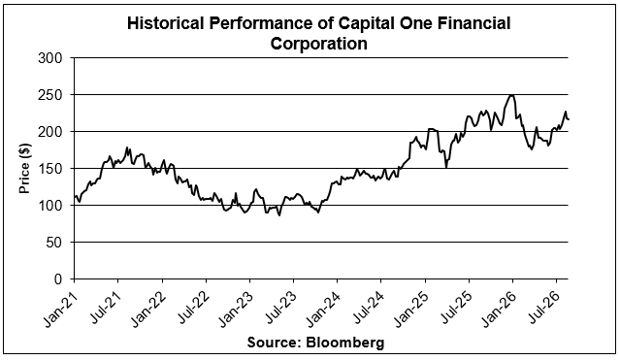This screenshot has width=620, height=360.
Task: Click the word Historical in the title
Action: pyautogui.click(x=165, y=23)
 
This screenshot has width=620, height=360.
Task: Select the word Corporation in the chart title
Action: pyautogui.click(x=318, y=44)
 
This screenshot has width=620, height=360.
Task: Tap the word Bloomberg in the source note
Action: pyautogui.click(x=345, y=343)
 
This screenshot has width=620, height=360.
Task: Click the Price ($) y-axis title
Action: pyautogui.click(x=24, y=169)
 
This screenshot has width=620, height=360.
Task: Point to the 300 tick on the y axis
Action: pyautogui.click(x=50, y=58)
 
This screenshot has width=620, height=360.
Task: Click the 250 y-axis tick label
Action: pyautogui.click(x=50, y=95)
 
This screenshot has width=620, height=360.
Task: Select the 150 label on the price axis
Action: pyautogui.click(x=50, y=169)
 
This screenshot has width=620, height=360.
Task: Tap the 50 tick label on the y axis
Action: pyautogui.click(x=54, y=243)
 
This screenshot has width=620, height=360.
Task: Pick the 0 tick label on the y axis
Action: pyautogui.click(x=58, y=279)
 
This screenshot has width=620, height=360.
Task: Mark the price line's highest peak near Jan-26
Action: pyautogui.click(x=511, y=95)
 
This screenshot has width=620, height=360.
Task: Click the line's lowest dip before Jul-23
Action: pyautogui.click(x=279, y=215)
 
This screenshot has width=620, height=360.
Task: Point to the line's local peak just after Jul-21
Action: pyautogui.click(x=127, y=147)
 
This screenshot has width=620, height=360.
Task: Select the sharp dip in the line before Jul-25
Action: pyautogui.click(x=446, y=168)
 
